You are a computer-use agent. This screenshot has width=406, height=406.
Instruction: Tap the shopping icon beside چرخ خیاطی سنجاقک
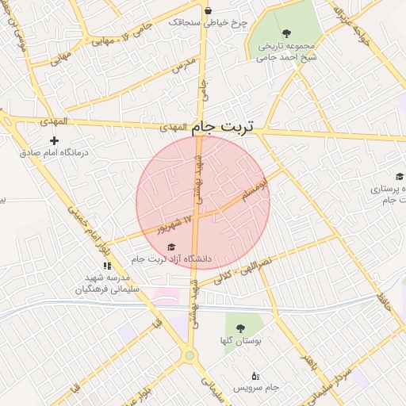pos(208,11)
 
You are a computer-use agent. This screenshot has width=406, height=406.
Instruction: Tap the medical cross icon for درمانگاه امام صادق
pos(54,140)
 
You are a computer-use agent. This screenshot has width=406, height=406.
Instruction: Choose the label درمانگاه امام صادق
pos(54,151)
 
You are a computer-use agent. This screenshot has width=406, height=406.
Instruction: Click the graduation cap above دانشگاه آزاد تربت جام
pos(172,247)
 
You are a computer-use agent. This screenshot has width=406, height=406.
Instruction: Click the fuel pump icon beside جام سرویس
pos(255,375)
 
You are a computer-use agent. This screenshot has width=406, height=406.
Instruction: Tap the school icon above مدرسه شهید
pos(107,266)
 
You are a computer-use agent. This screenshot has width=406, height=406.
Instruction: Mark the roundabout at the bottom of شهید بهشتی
pos(190,355)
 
